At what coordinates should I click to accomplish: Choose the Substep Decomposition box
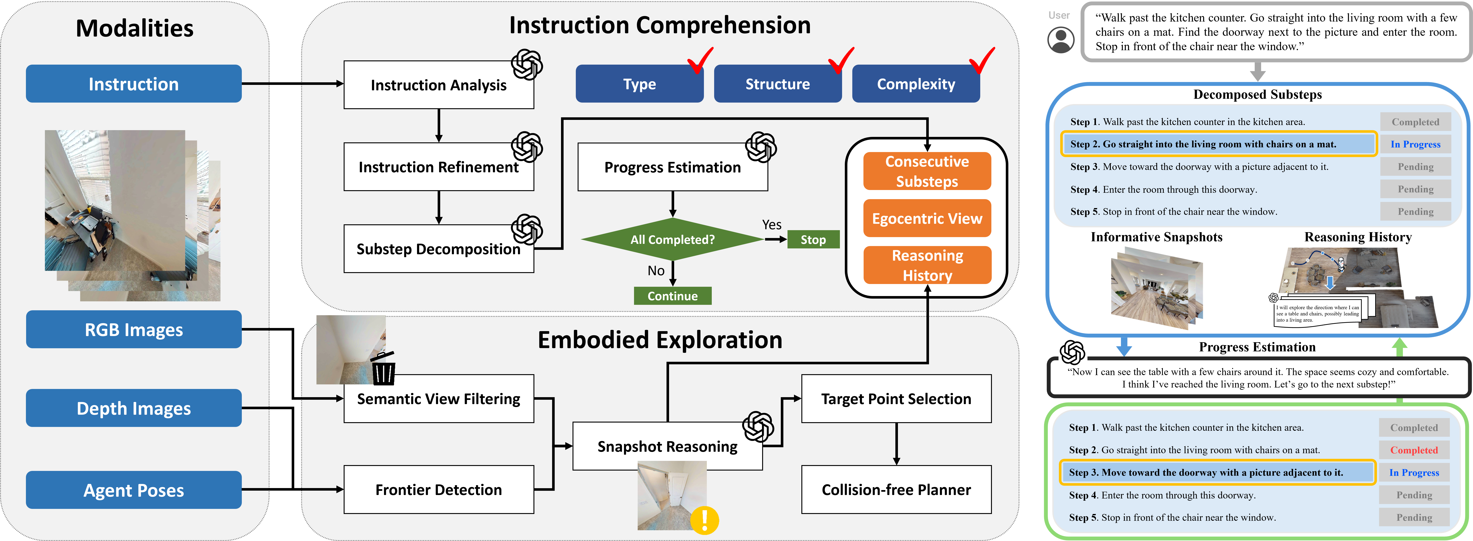pyautogui.click(x=439, y=249)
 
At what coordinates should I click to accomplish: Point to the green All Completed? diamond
pyautogui.click(x=673, y=239)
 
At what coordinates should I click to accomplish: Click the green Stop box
pyautogui.click(x=813, y=239)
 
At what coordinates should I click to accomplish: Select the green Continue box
pyautogui.click(x=673, y=296)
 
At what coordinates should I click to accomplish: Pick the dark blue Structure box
pyautogui.click(x=778, y=83)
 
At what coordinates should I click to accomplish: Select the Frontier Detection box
pyautogui.click(x=439, y=490)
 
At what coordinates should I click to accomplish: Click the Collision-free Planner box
pyautogui.click(x=896, y=490)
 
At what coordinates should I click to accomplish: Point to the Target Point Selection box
pyautogui.click(x=896, y=399)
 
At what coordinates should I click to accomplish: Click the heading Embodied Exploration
pyautogui.click(x=660, y=340)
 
